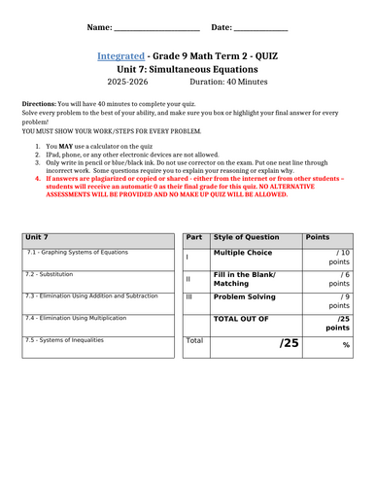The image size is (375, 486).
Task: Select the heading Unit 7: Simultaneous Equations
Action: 187,73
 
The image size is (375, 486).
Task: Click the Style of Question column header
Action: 243,237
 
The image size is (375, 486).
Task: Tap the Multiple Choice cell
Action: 244,253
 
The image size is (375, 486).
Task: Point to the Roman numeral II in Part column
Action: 187,279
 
